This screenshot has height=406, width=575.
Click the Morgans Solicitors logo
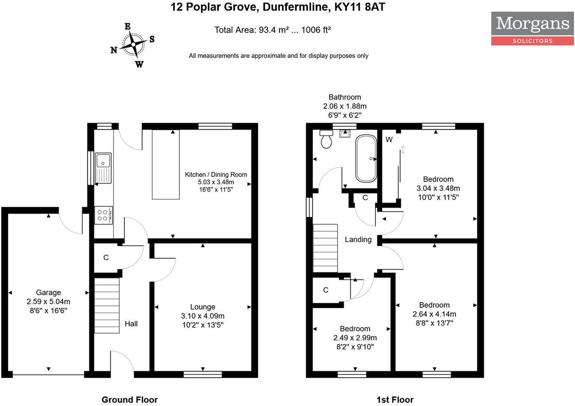click(x=532, y=28)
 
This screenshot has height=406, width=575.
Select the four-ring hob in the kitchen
click(x=104, y=215)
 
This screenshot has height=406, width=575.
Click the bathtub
click(x=366, y=158)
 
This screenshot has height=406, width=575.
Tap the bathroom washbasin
click(x=344, y=133)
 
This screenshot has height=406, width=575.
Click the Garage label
click(x=48, y=293)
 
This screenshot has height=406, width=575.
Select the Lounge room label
click(x=203, y=307)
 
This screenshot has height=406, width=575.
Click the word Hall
click(x=131, y=324)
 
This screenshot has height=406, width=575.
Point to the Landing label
click(x=358, y=239)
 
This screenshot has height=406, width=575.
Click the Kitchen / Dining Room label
click(x=216, y=174)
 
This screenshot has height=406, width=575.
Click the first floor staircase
click(x=325, y=248)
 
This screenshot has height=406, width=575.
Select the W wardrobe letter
click(x=389, y=139)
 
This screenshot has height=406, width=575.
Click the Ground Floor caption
click(x=129, y=400)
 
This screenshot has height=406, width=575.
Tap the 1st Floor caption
click(x=395, y=400)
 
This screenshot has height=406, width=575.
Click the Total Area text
click(x=273, y=30)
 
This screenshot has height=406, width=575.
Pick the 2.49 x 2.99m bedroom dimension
click(x=355, y=338)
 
